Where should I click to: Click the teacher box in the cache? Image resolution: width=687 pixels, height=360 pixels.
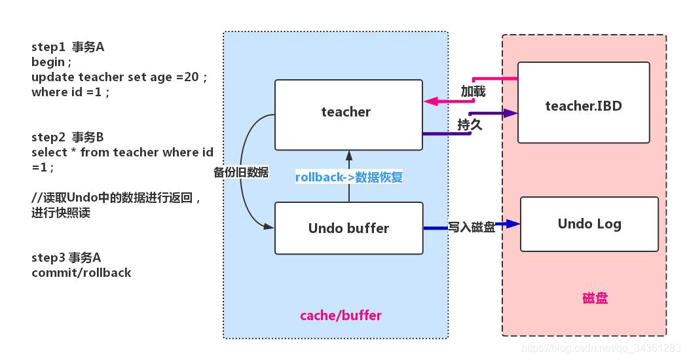348,114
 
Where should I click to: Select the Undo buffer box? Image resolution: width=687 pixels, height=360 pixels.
348,228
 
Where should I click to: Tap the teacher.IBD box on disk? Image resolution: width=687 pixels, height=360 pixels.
583,103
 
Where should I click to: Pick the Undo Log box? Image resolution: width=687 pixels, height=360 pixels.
589,224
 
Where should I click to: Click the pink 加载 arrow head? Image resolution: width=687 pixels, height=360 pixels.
430,101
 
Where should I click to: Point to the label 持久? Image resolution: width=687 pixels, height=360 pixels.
470,124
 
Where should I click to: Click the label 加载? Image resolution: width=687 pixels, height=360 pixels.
473,92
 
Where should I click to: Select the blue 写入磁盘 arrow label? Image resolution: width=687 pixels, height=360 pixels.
472,226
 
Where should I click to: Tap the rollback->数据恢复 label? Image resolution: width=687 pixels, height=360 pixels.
348,177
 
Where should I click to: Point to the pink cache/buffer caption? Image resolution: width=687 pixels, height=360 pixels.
341,315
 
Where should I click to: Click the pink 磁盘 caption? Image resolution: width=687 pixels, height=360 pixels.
595,298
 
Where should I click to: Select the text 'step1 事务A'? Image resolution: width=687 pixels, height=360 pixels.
67,47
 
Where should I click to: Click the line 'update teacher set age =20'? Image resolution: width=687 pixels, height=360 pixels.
119,77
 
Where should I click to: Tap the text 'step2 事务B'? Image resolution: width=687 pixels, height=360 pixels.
67,137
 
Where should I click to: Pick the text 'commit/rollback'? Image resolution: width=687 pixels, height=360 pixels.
81,273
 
